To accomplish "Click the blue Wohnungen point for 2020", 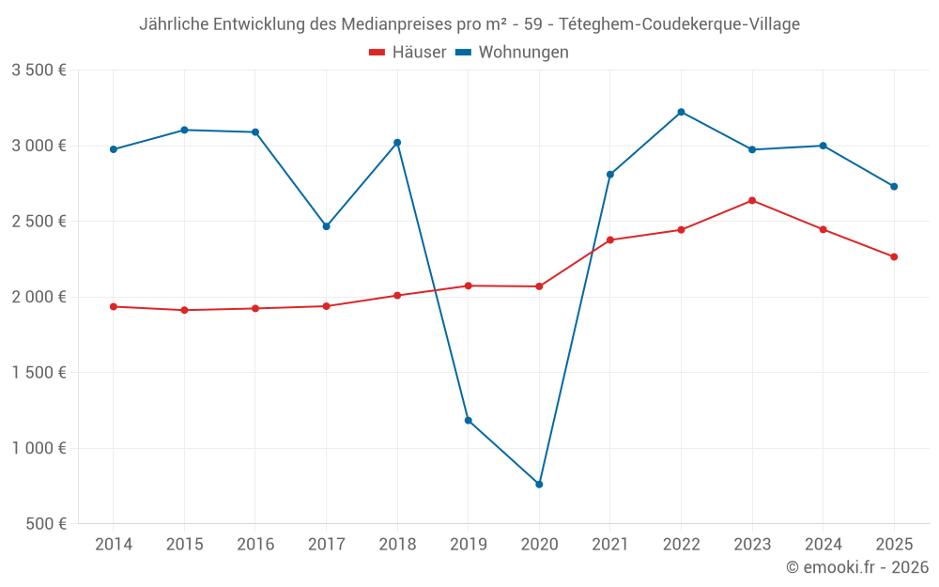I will click(539, 485).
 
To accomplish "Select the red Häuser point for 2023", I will click(752, 200).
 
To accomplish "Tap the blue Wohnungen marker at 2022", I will click(681, 112).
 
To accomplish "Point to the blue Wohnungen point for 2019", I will click(469, 421).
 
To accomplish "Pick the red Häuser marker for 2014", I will click(114, 306).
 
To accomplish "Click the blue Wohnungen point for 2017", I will click(327, 226).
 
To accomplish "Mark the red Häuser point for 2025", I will click(894, 256).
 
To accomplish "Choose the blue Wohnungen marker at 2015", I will click(184, 130).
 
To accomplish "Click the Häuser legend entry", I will click(408, 53).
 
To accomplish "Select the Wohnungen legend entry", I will click(512, 53).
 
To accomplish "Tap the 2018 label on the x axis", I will click(397, 544).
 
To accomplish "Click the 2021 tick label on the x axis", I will click(610, 544).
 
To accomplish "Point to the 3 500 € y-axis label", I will click(38, 70).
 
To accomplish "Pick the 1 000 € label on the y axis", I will click(38, 448).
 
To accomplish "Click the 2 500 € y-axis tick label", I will click(38, 222).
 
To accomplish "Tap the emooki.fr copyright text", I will click(856, 567).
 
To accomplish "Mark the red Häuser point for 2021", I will click(610, 239).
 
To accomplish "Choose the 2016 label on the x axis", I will click(255, 544).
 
